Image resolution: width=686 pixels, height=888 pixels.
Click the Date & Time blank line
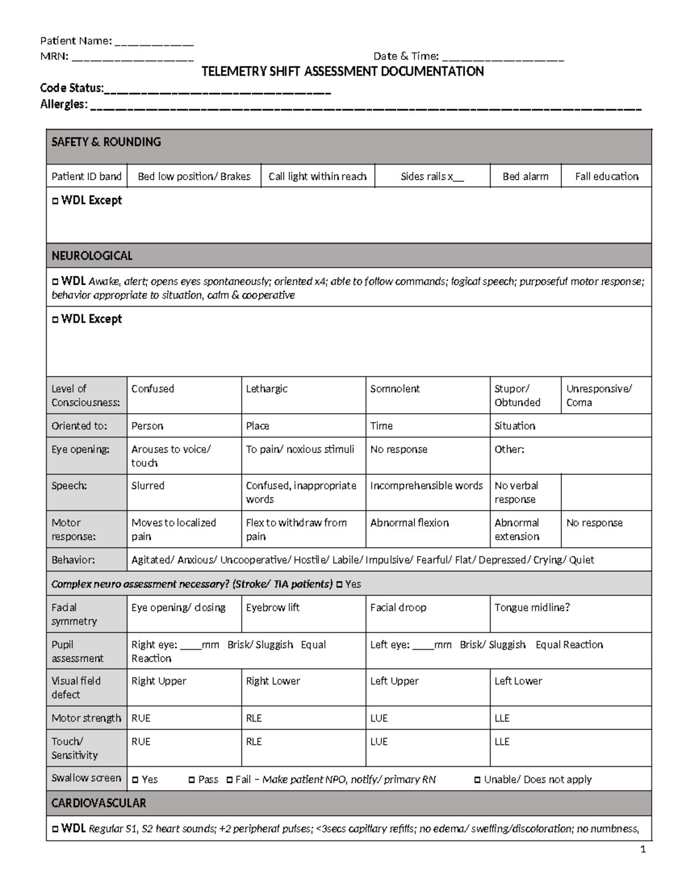click(503, 57)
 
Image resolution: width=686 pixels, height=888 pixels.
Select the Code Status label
click(71, 88)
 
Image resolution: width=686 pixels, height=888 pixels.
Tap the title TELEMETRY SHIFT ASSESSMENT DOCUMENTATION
click(343, 71)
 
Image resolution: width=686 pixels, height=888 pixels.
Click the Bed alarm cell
click(525, 177)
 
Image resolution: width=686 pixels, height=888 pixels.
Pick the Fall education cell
click(607, 177)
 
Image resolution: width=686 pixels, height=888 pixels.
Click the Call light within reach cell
click(317, 177)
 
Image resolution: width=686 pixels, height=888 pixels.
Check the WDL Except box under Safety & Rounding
click(55, 201)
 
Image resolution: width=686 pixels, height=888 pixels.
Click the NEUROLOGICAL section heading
click(92, 256)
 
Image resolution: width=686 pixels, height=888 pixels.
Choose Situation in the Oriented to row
click(514, 426)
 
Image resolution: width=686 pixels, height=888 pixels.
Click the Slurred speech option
click(148, 486)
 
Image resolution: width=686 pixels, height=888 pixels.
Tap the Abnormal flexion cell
click(409, 523)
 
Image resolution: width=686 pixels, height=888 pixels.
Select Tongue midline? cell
click(532, 608)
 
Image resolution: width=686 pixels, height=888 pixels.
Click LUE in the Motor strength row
click(379, 718)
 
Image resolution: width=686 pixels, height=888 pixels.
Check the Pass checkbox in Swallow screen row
click(192, 780)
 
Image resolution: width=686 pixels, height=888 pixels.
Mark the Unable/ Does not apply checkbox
click(478, 780)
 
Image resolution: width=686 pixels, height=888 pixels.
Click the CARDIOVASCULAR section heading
click(99, 803)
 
